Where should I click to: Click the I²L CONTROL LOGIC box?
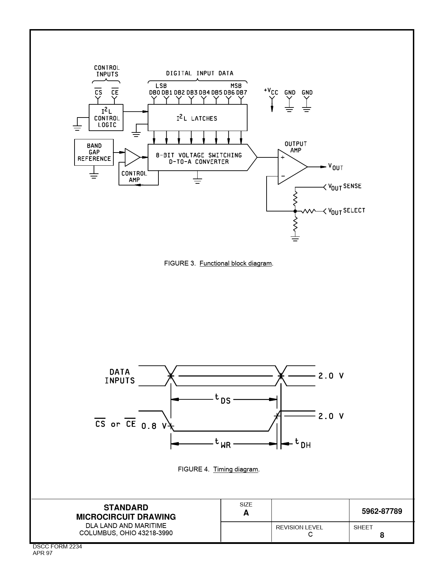[x=106, y=118]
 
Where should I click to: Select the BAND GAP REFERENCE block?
[x=94, y=152]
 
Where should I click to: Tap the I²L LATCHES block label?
[x=197, y=118]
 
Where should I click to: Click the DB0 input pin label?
[x=155, y=93]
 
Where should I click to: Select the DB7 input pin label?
[x=242, y=93]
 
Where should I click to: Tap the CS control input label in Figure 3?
[x=98, y=93]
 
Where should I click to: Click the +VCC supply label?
[x=271, y=92]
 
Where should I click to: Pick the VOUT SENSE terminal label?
[x=345, y=187]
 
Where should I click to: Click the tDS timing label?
[x=223, y=399]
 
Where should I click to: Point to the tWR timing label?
[x=223, y=443]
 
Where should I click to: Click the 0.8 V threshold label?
[x=154, y=426]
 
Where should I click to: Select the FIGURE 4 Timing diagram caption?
[x=219, y=469]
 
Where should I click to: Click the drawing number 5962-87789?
[x=382, y=511]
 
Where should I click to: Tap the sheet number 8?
[x=382, y=535]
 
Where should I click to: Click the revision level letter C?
[x=310, y=534]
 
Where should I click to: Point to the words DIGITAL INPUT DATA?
[x=200, y=73]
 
